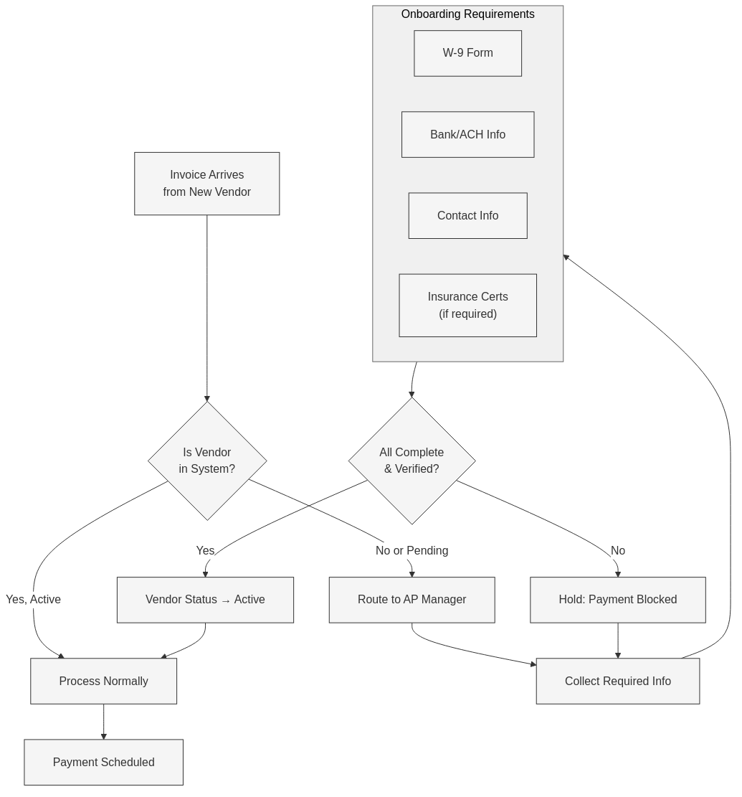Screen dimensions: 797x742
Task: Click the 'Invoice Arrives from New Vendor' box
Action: pos(206,184)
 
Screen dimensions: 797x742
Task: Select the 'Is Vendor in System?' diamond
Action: pos(207,461)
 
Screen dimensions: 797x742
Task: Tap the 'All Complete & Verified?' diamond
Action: pos(412,461)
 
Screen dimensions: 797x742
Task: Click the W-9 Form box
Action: pos(467,53)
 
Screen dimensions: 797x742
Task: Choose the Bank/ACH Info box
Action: pos(467,134)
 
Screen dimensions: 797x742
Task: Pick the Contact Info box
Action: pos(467,215)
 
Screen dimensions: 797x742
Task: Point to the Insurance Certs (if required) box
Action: pos(467,305)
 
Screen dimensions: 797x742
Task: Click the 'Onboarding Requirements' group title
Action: pos(467,14)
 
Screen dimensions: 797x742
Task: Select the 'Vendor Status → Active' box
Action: pos(205,600)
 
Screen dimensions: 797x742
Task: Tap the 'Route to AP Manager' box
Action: pos(412,600)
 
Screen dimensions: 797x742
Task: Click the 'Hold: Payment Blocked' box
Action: pos(617,600)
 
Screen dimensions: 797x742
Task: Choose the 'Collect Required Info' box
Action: pos(617,681)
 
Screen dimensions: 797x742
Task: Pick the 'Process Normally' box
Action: pos(103,681)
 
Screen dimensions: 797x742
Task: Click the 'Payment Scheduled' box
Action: pos(103,762)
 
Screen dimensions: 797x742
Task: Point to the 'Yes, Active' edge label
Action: pos(33,599)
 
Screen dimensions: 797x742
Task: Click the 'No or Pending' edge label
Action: pos(412,550)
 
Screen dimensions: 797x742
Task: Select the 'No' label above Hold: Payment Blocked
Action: pos(617,550)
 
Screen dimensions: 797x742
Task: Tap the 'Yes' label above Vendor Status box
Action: pos(205,550)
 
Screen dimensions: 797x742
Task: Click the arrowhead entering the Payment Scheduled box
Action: pos(103,736)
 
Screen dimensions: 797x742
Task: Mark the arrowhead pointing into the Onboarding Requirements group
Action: pos(566,258)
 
